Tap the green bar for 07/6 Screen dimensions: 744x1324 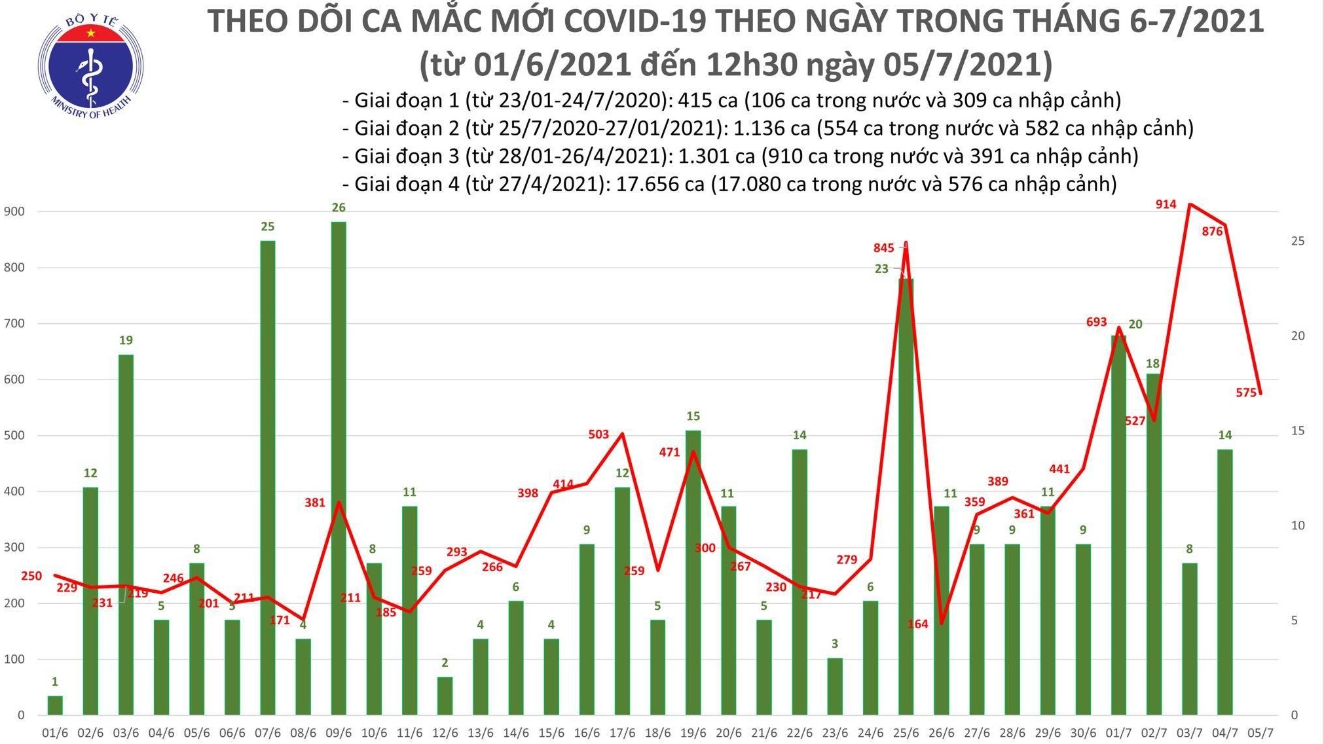267,478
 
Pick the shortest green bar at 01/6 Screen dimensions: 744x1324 55,705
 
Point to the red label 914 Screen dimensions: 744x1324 1166,204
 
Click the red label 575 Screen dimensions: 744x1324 1246,393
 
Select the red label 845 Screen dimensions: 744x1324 883,247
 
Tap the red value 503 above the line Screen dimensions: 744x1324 598,434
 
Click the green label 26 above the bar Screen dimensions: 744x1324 339,207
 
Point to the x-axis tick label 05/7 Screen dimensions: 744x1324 1260,733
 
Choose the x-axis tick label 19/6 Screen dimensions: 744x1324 693,733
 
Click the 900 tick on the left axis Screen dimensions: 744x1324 14,211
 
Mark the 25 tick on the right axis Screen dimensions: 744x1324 1297,241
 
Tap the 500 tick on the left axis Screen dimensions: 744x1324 14,435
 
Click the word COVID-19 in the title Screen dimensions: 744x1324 634,21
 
